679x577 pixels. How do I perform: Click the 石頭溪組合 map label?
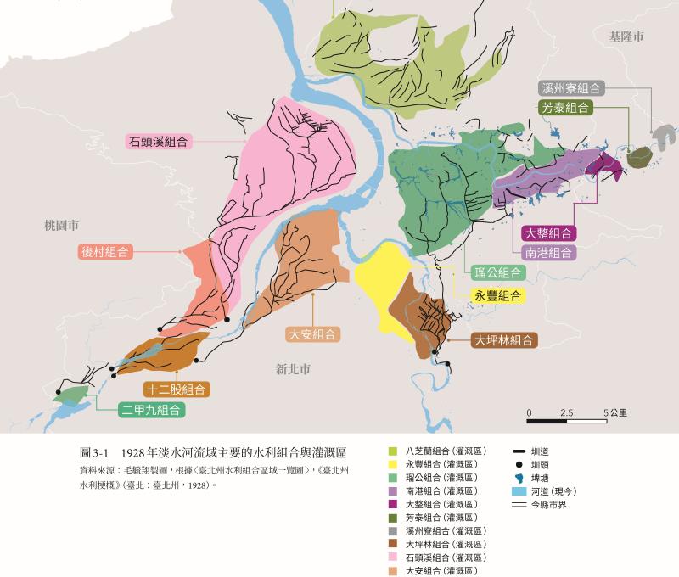click(159, 142)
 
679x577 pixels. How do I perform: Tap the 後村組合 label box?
click(107, 251)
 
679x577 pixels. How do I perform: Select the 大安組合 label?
click(312, 334)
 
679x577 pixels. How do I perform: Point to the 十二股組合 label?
click(177, 389)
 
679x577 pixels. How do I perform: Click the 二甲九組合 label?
click(151, 410)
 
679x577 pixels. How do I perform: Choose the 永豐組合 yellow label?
click(498, 295)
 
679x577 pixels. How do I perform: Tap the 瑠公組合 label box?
click(498, 272)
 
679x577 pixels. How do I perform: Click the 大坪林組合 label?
click(504, 341)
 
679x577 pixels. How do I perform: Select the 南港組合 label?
click(547, 252)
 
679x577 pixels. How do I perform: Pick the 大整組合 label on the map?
click(547, 233)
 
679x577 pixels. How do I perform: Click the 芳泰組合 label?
click(566, 108)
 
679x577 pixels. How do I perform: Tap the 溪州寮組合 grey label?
click(570, 88)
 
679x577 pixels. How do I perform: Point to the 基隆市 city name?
click(626, 36)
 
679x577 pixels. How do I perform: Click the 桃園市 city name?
click(63, 225)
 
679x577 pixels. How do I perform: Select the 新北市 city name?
click(293, 369)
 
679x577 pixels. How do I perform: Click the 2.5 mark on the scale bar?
click(567, 412)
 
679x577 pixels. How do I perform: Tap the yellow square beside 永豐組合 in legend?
click(393, 464)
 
